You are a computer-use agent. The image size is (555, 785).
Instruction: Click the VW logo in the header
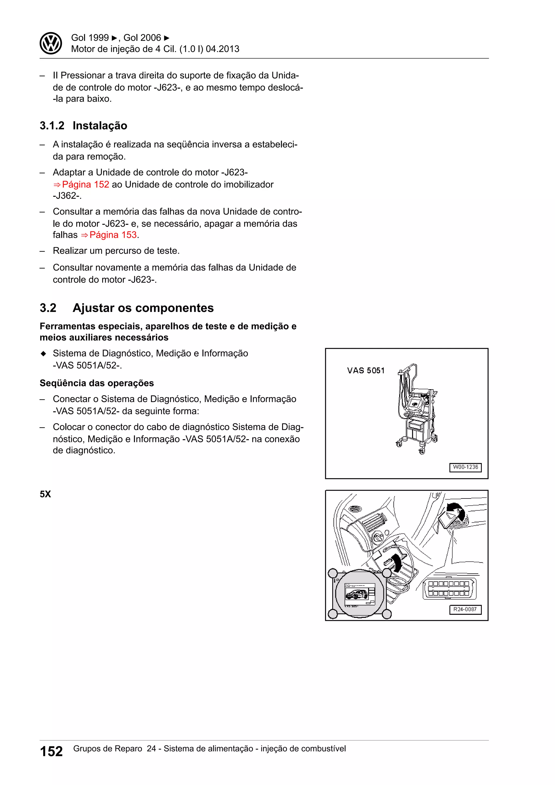pos(51,43)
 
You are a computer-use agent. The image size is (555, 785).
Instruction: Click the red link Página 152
pos(85,185)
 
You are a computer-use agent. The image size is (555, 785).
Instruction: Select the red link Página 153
pos(113,235)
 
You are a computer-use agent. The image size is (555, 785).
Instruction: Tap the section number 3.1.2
pos(52,126)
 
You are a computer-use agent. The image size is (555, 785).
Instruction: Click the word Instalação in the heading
pos(100,126)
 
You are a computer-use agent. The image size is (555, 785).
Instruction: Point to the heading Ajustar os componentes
pos(143,308)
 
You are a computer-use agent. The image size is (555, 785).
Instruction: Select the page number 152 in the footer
pos(51,751)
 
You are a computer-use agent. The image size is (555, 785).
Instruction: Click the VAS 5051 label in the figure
pos(366,371)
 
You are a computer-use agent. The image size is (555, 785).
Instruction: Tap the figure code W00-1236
pos(465,467)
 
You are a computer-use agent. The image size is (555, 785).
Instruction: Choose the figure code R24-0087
pos(465,609)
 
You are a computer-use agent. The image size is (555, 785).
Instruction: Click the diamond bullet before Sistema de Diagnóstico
pos(43,353)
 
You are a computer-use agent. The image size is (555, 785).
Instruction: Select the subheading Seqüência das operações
pos(97,383)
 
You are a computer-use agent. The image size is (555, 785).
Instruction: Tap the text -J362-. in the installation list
pos(67,196)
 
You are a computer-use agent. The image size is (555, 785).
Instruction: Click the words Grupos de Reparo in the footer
pos(108,749)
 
